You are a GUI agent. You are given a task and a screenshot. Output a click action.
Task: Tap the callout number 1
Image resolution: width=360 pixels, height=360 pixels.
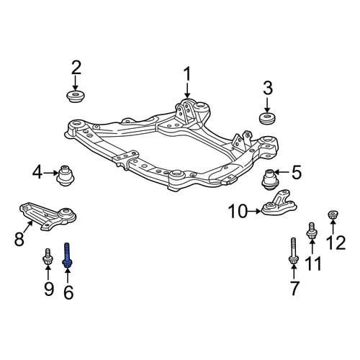pyautogui.click(x=187, y=74)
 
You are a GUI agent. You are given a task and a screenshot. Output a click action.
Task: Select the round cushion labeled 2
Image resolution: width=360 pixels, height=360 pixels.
pyautogui.click(x=76, y=96)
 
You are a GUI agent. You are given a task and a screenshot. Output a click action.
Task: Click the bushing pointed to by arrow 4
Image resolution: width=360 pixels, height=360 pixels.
pyautogui.click(x=66, y=176)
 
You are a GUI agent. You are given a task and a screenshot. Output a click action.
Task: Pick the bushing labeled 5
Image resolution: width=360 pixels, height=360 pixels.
pyautogui.click(x=270, y=180)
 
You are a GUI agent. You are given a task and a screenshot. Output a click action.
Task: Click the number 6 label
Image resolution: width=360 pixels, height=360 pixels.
pyautogui.click(x=68, y=292)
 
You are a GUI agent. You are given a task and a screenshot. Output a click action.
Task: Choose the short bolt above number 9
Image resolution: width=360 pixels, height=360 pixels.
pyautogui.click(x=48, y=257)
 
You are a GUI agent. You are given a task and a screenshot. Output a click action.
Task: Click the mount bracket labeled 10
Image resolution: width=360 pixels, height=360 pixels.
pyautogui.click(x=279, y=204)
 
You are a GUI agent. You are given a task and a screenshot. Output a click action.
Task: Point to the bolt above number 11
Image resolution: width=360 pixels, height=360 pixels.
pyautogui.click(x=312, y=230)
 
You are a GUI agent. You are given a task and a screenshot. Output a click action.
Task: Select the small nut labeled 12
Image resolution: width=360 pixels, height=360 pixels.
pyautogui.click(x=333, y=215)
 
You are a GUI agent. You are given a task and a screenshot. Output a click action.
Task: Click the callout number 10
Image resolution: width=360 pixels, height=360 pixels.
pyautogui.click(x=238, y=211)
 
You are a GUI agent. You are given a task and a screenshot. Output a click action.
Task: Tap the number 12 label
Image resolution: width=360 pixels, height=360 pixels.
pyautogui.click(x=336, y=243)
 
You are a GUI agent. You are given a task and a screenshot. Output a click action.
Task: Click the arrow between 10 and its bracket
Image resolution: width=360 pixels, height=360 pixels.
pyautogui.click(x=254, y=211)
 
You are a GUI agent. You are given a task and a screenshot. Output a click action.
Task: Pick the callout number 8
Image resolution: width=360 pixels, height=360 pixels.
pyautogui.click(x=19, y=238)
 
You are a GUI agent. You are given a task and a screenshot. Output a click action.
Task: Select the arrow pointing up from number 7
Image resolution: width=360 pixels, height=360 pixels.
pyautogui.click(x=294, y=272)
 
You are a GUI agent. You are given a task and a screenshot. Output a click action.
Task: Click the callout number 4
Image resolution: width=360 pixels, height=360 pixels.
pyautogui.click(x=38, y=173)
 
